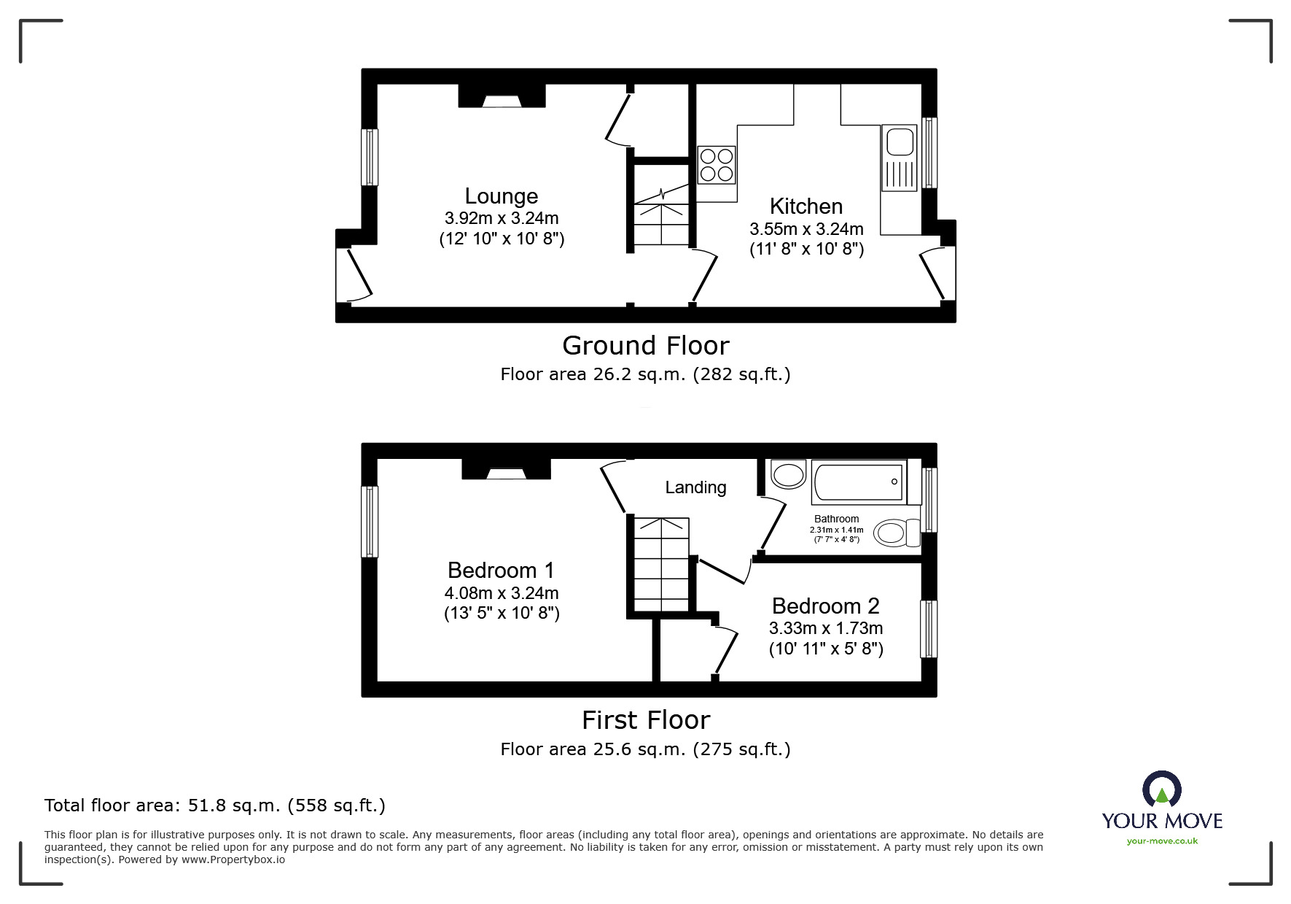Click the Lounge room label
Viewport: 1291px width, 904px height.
502,196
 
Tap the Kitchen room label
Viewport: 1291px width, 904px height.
806,206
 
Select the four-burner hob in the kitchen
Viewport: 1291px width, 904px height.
717,165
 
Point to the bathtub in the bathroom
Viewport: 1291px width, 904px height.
859,482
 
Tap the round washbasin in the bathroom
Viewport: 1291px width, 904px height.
788,475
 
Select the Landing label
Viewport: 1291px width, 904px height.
695,487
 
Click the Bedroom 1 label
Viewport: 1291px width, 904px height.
502,571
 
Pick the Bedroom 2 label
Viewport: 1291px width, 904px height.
826,606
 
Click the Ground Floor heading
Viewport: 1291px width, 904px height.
646,346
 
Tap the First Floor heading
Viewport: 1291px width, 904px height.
646,721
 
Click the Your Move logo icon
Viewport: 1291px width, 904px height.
1161,790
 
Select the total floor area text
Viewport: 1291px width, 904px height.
215,806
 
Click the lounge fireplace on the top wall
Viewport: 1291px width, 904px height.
502,96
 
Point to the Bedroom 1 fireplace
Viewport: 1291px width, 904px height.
506,469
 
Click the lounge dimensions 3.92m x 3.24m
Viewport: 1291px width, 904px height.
502,218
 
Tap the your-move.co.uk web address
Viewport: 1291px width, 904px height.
1162,841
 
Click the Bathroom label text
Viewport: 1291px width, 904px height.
836,519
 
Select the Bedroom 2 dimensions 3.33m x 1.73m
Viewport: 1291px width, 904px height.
826,628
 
